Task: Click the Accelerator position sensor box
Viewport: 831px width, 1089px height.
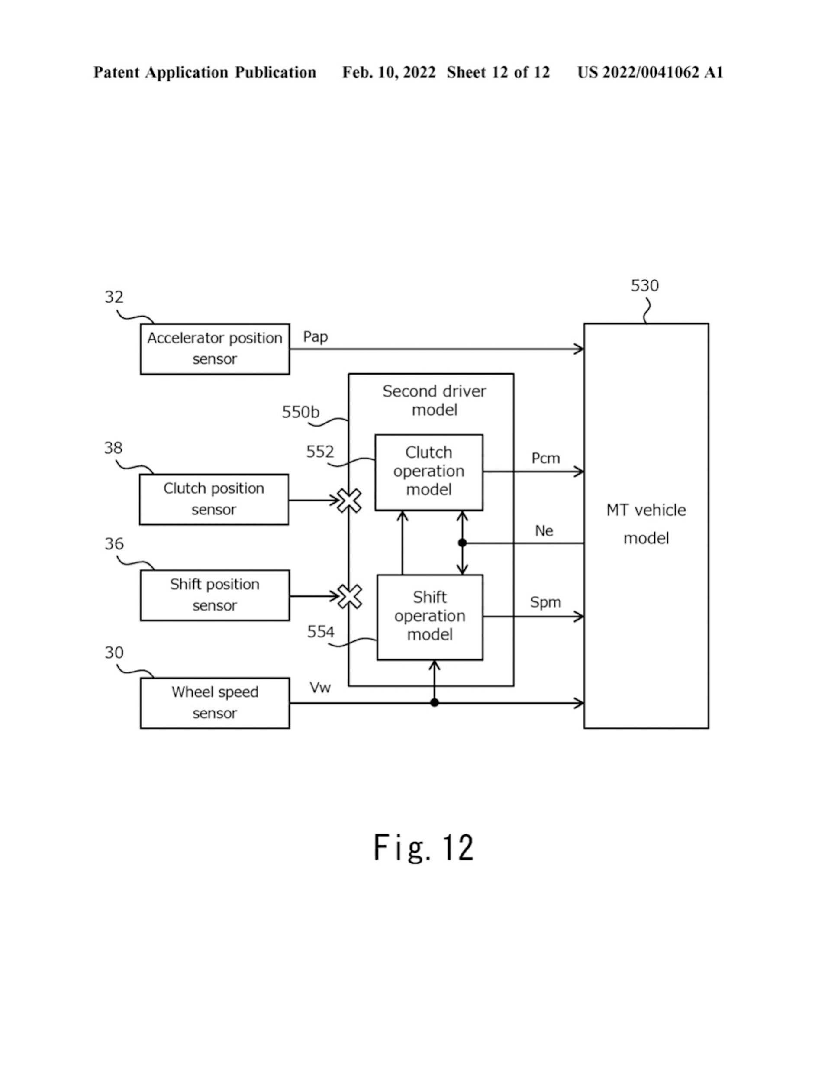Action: click(x=215, y=349)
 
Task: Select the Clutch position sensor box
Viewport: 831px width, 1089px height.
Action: click(x=214, y=499)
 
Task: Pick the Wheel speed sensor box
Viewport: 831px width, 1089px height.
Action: click(x=215, y=703)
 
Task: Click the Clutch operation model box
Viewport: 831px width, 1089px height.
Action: click(x=428, y=472)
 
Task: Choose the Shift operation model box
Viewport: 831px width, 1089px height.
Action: click(x=429, y=617)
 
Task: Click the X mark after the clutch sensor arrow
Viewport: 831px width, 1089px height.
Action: click(x=349, y=501)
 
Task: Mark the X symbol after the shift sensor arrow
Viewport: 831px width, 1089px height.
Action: click(x=350, y=596)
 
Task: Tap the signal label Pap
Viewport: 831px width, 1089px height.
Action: click(x=315, y=337)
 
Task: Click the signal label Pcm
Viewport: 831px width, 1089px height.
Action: click(x=545, y=458)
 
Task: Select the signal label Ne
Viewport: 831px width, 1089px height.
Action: click(x=544, y=531)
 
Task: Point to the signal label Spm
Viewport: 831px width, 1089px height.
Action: click(x=545, y=602)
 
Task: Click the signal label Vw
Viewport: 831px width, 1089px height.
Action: click(x=320, y=687)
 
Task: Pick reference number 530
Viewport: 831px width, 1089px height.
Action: click(x=644, y=285)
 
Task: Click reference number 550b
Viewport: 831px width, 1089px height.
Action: click(x=300, y=412)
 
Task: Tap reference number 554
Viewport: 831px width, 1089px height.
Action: click(x=321, y=631)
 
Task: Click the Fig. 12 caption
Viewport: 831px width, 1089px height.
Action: click(x=423, y=847)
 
